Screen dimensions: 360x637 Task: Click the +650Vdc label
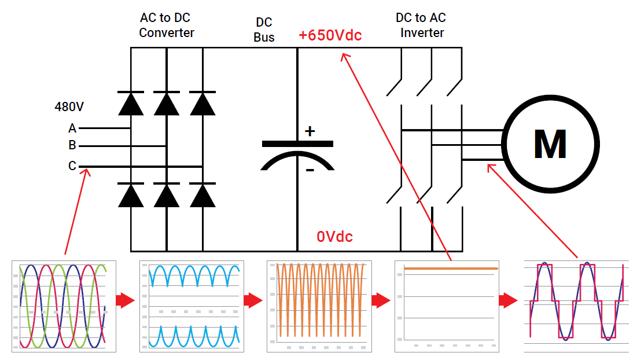(x=330, y=35)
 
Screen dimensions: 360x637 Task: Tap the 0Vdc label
(x=334, y=236)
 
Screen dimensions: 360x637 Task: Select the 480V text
(x=69, y=107)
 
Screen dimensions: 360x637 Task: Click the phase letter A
(x=72, y=128)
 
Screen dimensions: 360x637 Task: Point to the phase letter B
(x=72, y=146)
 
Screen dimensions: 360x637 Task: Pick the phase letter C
(x=72, y=166)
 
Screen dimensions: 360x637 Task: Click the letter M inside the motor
(x=550, y=144)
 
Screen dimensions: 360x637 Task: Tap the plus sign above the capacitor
(x=310, y=131)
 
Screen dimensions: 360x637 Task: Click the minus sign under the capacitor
(x=310, y=170)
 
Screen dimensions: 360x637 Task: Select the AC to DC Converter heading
(x=167, y=25)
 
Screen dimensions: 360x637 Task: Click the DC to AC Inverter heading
(x=420, y=25)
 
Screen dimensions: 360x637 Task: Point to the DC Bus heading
(x=264, y=30)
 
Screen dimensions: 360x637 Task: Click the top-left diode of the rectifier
(x=131, y=104)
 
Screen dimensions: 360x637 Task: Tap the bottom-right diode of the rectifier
(x=202, y=195)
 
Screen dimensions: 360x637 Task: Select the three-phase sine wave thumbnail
(x=64, y=306)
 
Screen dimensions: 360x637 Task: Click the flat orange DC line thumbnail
(x=446, y=306)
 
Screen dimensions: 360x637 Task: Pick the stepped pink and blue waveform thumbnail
(x=575, y=306)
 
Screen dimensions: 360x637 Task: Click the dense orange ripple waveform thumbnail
(x=319, y=306)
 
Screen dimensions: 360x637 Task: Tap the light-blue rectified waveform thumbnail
(x=192, y=306)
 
